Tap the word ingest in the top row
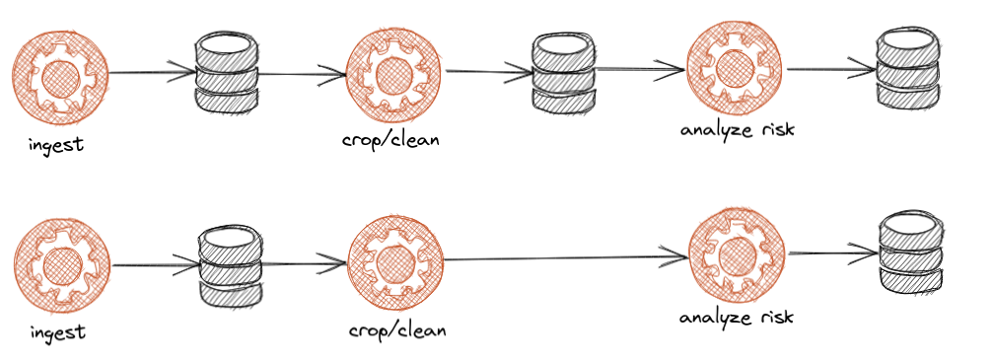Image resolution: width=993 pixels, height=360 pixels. (x=56, y=145)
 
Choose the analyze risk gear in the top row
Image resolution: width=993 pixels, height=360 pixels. (x=735, y=69)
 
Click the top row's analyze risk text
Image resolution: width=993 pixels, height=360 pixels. (x=737, y=129)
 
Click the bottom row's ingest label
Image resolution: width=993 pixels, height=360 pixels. (x=56, y=331)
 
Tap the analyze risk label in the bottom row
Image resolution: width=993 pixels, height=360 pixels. (x=737, y=317)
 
